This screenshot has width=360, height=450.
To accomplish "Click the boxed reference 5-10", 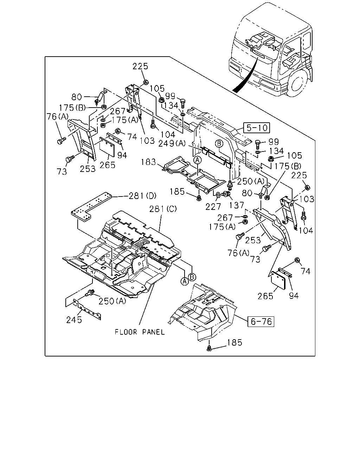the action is (x=256, y=128).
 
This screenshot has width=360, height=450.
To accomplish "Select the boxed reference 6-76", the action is (x=261, y=321).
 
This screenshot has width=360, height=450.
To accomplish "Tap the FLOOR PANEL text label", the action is (x=140, y=332).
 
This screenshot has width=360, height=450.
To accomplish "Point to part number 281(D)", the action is (x=142, y=196).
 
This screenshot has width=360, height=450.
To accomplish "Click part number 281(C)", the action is (x=163, y=209).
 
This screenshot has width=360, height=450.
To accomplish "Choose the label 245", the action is (x=74, y=320).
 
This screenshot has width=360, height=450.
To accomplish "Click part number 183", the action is (x=148, y=162).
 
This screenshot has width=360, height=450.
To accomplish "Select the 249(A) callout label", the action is (x=172, y=143).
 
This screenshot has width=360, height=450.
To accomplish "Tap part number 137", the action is (x=237, y=205).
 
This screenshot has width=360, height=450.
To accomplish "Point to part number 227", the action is (x=213, y=207).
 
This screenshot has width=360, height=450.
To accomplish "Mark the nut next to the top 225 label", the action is (x=146, y=82).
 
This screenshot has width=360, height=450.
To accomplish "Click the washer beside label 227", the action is (x=218, y=195).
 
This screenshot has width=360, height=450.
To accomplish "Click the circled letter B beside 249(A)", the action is (x=219, y=144).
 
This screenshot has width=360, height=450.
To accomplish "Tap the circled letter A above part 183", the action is (x=197, y=160).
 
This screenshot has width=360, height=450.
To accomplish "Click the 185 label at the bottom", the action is (x=234, y=342).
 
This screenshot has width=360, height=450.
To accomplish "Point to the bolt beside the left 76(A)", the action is (x=61, y=141).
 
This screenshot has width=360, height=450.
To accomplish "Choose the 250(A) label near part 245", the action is (x=112, y=301).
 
